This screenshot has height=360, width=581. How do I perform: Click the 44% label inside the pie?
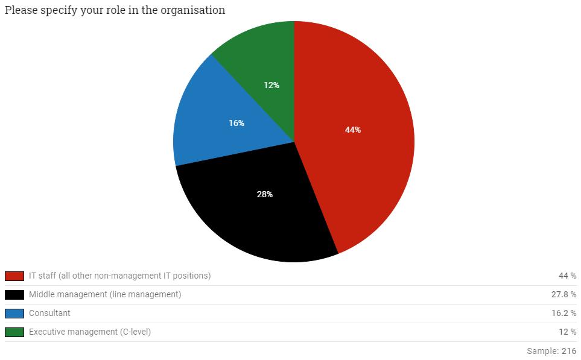[353, 130]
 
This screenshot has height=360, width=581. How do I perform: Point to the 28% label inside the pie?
[265, 194]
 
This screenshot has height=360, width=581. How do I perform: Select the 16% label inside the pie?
[237, 123]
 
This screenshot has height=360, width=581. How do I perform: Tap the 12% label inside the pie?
[271, 85]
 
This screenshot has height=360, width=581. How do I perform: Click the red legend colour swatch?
[14, 276]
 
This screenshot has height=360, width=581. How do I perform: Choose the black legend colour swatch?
[14, 295]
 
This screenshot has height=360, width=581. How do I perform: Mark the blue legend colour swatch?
[14, 314]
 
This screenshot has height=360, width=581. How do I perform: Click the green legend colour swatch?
[14, 332]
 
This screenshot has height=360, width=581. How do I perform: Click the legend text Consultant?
[49, 314]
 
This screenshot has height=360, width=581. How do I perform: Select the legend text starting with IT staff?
[119, 276]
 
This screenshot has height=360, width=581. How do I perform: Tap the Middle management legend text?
[105, 295]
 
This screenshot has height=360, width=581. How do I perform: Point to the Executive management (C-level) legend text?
[90, 332]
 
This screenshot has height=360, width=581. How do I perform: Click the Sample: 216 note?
[551, 351]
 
